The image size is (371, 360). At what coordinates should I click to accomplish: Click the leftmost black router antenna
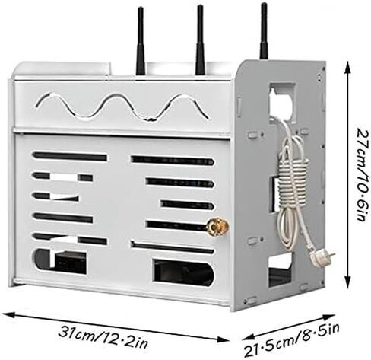click(141, 42)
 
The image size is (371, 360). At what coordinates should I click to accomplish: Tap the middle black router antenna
click(200, 40)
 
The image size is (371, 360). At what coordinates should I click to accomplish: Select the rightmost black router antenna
click(264, 30)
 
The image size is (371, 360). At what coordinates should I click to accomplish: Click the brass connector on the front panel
click(217, 225)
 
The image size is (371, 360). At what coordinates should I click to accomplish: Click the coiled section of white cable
click(293, 180)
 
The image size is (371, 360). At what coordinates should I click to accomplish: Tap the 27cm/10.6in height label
click(363, 175)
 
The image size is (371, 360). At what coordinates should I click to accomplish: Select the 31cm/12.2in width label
click(103, 336)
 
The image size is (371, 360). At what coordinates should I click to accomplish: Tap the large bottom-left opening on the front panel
click(59, 261)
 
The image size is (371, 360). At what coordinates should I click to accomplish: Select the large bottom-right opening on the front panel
click(183, 272)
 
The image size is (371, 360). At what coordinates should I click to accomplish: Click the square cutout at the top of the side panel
click(283, 103)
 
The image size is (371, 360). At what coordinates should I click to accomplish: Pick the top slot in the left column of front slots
click(69, 156)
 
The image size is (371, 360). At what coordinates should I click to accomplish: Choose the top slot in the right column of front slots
click(173, 161)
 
